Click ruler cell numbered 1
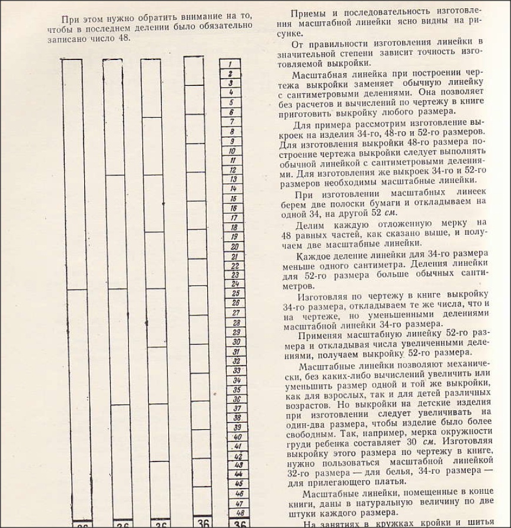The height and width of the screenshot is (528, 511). point(230,64)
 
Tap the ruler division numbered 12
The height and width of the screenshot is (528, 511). point(232,170)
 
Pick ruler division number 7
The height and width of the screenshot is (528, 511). point(231,121)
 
